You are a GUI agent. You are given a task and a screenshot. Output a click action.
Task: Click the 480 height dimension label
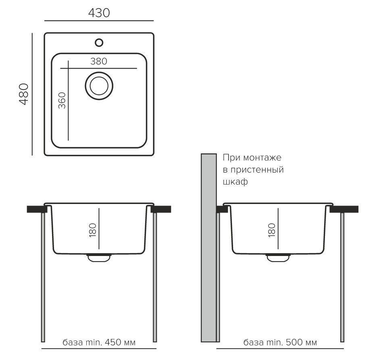pos(24,94)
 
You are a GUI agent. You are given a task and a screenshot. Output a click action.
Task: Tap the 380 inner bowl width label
pos(99,61)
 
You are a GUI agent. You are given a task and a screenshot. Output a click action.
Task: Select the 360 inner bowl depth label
pos(62,100)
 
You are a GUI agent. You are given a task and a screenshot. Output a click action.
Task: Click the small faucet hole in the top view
pos(99,43)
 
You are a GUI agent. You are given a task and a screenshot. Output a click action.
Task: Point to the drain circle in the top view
pos(99,86)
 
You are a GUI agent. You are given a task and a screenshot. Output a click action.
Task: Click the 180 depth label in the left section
pos(93,230)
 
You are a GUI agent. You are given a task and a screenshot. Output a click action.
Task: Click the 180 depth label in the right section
pos(271,230)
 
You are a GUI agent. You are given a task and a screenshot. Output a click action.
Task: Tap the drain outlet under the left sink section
pos(99,258)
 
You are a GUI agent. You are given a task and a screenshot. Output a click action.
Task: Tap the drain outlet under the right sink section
pos(278,258)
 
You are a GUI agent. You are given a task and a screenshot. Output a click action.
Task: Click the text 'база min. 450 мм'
pos(99,342)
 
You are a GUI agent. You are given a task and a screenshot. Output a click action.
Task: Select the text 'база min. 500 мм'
pos(280,342)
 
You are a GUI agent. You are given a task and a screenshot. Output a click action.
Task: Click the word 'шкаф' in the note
pos(235,181)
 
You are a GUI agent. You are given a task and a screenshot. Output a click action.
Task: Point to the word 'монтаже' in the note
pos(262,158)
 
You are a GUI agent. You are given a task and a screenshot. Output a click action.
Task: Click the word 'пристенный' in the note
pos(257,170)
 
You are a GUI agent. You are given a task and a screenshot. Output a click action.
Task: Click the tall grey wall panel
pos(209,248)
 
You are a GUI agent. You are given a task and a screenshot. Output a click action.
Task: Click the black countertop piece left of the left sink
pos(36,209)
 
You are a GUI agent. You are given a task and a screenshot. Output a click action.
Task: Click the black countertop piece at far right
pos(344,209)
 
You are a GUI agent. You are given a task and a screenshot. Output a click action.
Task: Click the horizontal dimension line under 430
pos(99,21)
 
